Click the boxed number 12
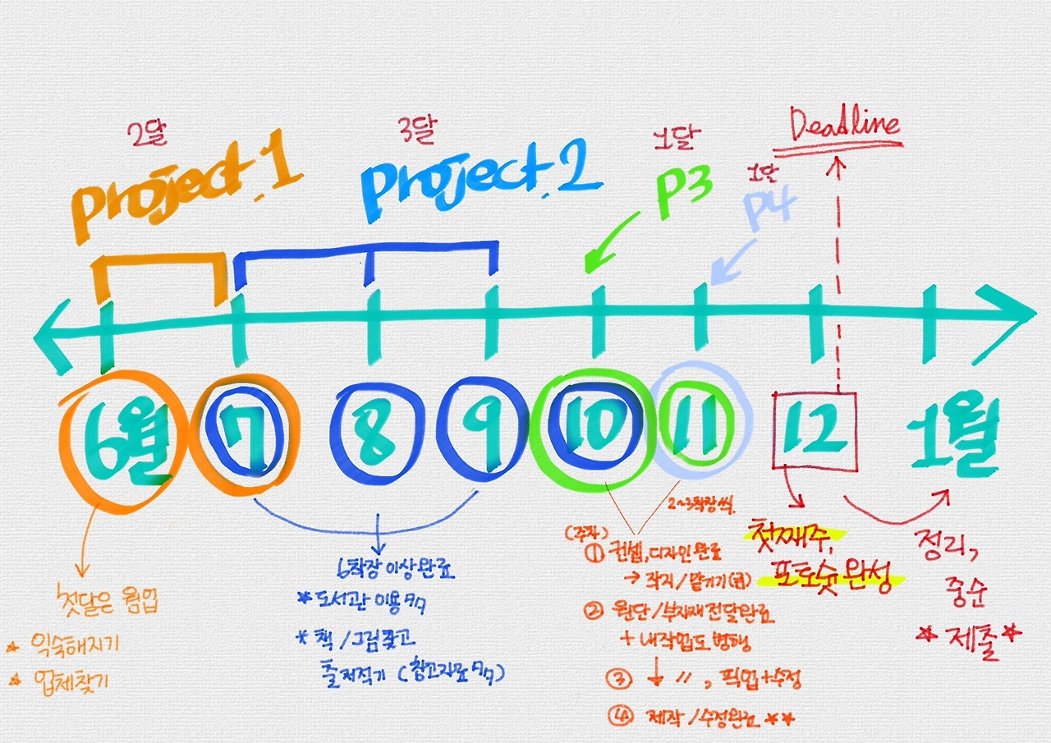(x=815, y=430)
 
